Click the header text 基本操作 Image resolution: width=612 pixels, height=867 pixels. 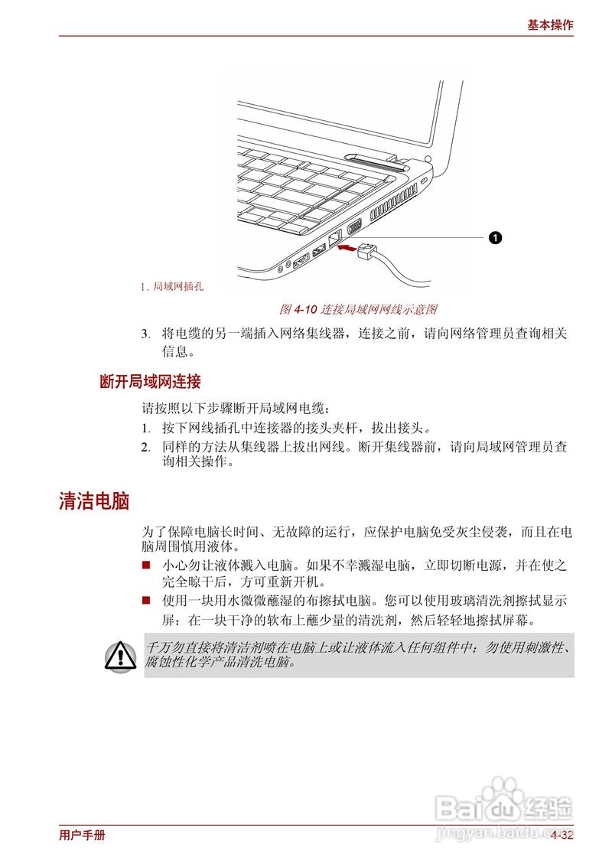click(x=550, y=24)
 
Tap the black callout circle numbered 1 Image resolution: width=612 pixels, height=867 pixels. click(x=495, y=238)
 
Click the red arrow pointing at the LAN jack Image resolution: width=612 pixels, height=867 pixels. click(x=347, y=248)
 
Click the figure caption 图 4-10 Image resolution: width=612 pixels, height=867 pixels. click(x=295, y=310)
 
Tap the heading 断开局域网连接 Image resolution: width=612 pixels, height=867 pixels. click(x=150, y=381)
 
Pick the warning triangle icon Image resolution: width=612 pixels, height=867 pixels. click(x=120, y=655)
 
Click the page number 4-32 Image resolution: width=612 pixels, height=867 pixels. click(x=562, y=836)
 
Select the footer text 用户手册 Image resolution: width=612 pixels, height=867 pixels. click(x=82, y=836)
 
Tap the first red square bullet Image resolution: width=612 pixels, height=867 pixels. click(x=146, y=566)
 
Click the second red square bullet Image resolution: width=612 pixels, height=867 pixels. click(x=146, y=601)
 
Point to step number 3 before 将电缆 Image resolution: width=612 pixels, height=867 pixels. click(x=145, y=334)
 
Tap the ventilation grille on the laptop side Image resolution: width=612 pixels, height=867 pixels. click(x=389, y=206)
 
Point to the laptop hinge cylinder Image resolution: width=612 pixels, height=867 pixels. click(x=375, y=161)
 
